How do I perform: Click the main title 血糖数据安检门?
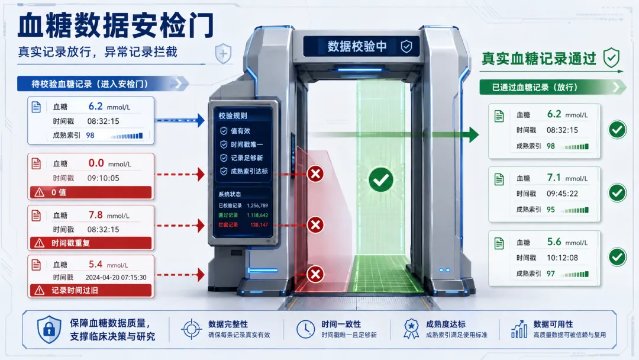pyautogui.click(x=116, y=25)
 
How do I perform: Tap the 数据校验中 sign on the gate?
pyautogui.click(x=357, y=46)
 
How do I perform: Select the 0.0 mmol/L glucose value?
pyautogui.click(x=109, y=163)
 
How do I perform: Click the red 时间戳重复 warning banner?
pyautogui.click(x=91, y=243)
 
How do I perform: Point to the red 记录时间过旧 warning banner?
pyautogui.click(x=91, y=290)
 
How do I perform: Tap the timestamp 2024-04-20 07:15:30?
pyautogui.click(x=116, y=277)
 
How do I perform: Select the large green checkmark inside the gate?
pyautogui.click(x=381, y=180)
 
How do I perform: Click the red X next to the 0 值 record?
pyautogui.click(x=315, y=174)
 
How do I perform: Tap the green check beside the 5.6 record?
pyautogui.click(x=617, y=257)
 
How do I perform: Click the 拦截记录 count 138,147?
pyautogui.click(x=259, y=224)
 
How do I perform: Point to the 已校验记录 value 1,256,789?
pyautogui.click(x=257, y=205)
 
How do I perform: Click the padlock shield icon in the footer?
pyautogui.click(x=49, y=329)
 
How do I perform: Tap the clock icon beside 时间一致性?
pyautogui.click(x=306, y=329)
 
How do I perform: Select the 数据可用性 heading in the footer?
pyautogui.click(x=553, y=324)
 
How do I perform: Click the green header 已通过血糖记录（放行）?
pyautogui.click(x=534, y=87)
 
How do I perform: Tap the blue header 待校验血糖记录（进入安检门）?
pyautogui.click(x=90, y=84)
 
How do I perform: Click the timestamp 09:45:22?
pyautogui.click(x=563, y=194)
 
